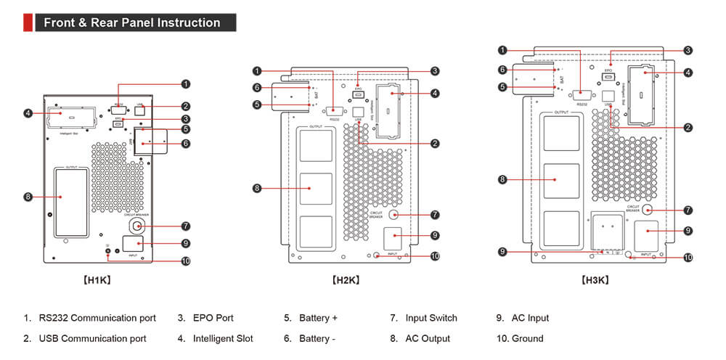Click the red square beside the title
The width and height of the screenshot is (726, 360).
(28, 22)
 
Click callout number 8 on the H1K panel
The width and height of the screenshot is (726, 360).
(28, 197)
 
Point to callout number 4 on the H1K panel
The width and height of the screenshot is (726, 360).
(28, 113)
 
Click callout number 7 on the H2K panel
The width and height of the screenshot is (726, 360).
(435, 215)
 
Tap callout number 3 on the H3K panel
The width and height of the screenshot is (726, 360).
(688, 51)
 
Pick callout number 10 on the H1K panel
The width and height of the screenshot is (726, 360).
(185, 261)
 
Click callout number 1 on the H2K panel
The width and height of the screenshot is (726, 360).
(256, 71)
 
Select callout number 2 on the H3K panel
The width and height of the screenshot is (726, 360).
(688, 128)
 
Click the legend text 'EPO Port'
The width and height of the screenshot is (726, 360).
(213, 318)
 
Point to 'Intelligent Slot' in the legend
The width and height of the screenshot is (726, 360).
(223, 338)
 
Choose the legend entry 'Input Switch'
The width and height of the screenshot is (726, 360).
(431, 318)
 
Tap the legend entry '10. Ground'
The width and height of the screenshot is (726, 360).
(520, 338)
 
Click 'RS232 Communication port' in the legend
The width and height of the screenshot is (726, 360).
(97, 318)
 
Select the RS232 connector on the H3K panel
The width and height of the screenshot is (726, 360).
(582, 94)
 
